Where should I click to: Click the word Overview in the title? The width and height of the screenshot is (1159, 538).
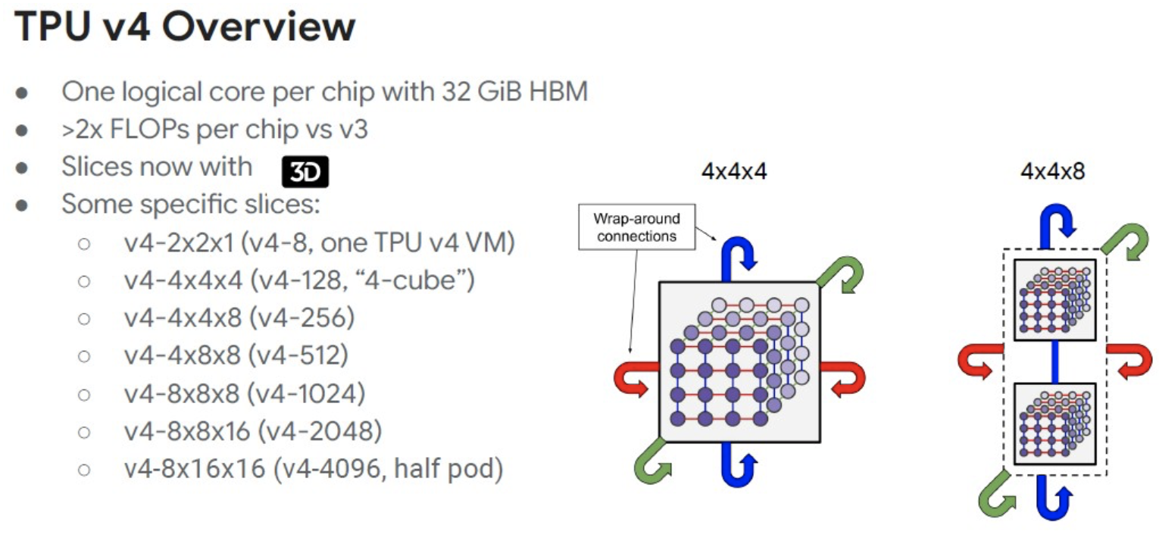click(259, 27)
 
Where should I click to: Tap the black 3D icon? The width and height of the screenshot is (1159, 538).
click(305, 171)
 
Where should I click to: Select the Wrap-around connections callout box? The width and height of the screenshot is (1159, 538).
click(636, 227)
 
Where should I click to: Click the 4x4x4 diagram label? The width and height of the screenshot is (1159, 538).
click(734, 171)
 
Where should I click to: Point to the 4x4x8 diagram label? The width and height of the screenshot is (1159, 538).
click(1052, 171)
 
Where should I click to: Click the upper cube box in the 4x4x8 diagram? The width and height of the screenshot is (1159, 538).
click(1054, 300)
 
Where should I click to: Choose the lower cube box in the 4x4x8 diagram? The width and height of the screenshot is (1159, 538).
click(1054, 424)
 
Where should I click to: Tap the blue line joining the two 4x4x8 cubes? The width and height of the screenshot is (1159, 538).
click(1055, 361)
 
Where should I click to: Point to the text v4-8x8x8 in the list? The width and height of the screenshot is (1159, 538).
click(183, 394)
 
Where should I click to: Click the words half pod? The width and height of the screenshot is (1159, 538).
click(448, 468)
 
